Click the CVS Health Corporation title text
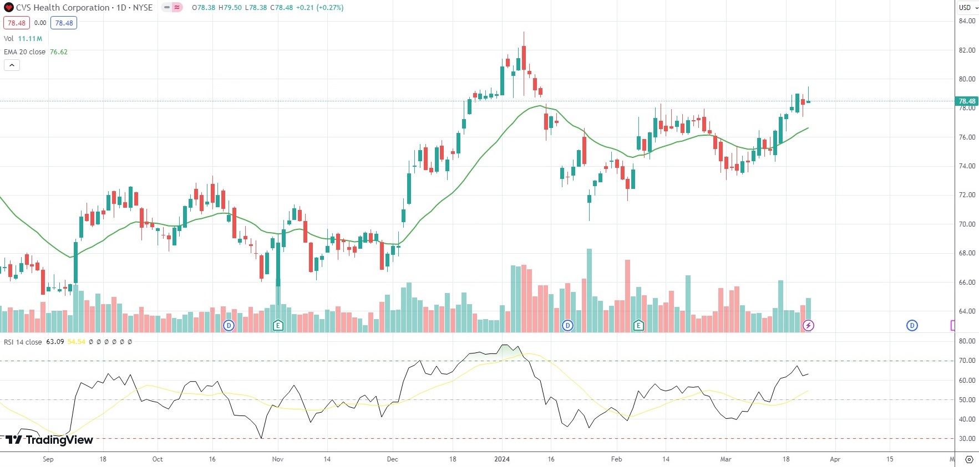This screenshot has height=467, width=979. pyautogui.click(x=63, y=8)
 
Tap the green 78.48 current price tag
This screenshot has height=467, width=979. pyautogui.click(x=966, y=101)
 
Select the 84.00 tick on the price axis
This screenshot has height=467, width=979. pyautogui.click(x=967, y=21)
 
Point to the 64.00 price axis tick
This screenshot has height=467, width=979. pyautogui.click(x=967, y=311)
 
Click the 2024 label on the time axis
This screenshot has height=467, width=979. pyautogui.click(x=501, y=459)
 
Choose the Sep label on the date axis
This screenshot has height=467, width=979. pyautogui.click(x=48, y=459)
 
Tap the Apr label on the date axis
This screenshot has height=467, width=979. pyautogui.click(x=835, y=459)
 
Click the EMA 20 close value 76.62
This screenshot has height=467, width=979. pyautogui.click(x=59, y=52)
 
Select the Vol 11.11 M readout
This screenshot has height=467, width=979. pyautogui.click(x=23, y=39)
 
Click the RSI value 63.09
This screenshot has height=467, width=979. pyautogui.click(x=55, y=342)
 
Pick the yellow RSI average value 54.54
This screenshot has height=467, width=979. pyautogui.click(x=77, y=342)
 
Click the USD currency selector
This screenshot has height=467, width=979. pyautogui.click(x=967, y=8)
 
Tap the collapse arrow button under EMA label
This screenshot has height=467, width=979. pyautogui.click(x=12, y=65)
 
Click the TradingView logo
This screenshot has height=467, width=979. pyautogui.click(x=49, y=440)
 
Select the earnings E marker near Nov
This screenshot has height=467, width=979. pyautogui.click(x=278, y=325)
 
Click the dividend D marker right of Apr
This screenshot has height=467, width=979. pyautogui.click(x=912, y=325)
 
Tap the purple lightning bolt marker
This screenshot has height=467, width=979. pyautogui.click(x=808, y=325)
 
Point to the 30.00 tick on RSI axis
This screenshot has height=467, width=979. pyautogui.click(x=967, y=439)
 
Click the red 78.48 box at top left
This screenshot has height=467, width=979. pyautogui.click(x=16, y=23)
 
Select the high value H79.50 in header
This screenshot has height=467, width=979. pyautogui.click(x=229, y=8)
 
